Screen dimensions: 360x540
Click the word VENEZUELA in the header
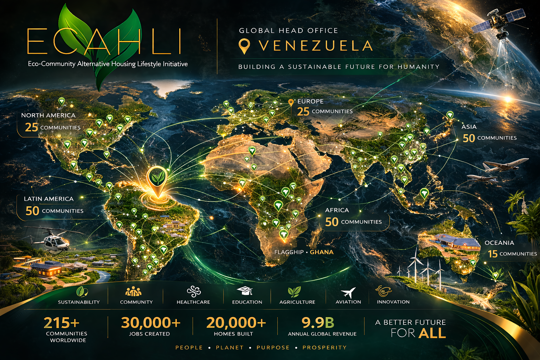click(x=315, y=46)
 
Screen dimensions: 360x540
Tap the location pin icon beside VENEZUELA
click(x=244, y=46)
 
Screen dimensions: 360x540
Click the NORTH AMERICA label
click(x=48, y=115)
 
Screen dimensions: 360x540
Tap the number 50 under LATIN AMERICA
click(x=32, y=211)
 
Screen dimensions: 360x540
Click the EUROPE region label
click(x=310, y=101)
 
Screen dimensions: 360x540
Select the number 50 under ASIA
click(x=469, y=138)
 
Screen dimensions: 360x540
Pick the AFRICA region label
click(x=337, y=210)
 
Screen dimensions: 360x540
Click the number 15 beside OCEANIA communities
click(x=493, y=254)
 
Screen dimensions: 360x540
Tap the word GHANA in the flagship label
click(x=322, y=252)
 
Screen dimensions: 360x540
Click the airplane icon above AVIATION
click(x=348, y=292)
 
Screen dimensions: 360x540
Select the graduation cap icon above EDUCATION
click(x=245, y=291)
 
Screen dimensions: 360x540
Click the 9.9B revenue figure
click(x=318, y=322)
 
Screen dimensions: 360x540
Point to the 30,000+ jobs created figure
click(x=150, y=322)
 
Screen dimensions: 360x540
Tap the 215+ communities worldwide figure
click(x=62, y=322)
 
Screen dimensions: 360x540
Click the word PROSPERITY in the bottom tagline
click(x=324, y=347)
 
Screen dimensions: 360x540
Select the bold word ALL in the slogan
click(x=432, y=333)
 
